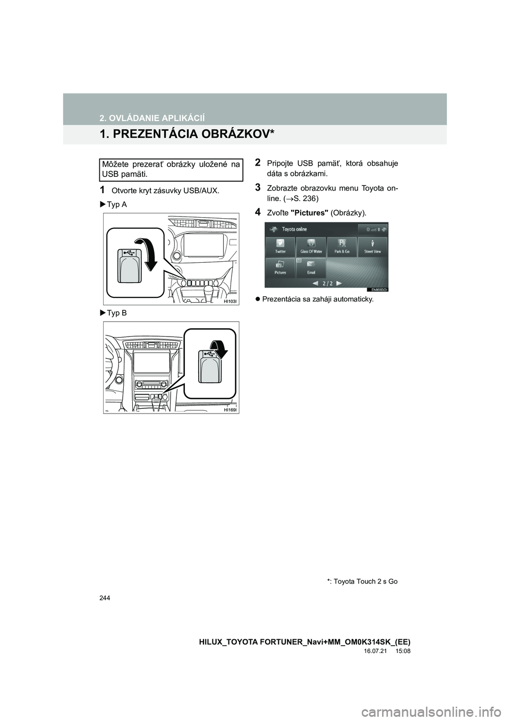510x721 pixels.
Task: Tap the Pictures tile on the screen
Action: coord(280,267)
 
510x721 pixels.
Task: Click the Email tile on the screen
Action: coord(311,267)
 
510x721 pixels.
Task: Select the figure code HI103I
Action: coord(230,300)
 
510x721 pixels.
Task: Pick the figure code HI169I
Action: coord(230,410)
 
